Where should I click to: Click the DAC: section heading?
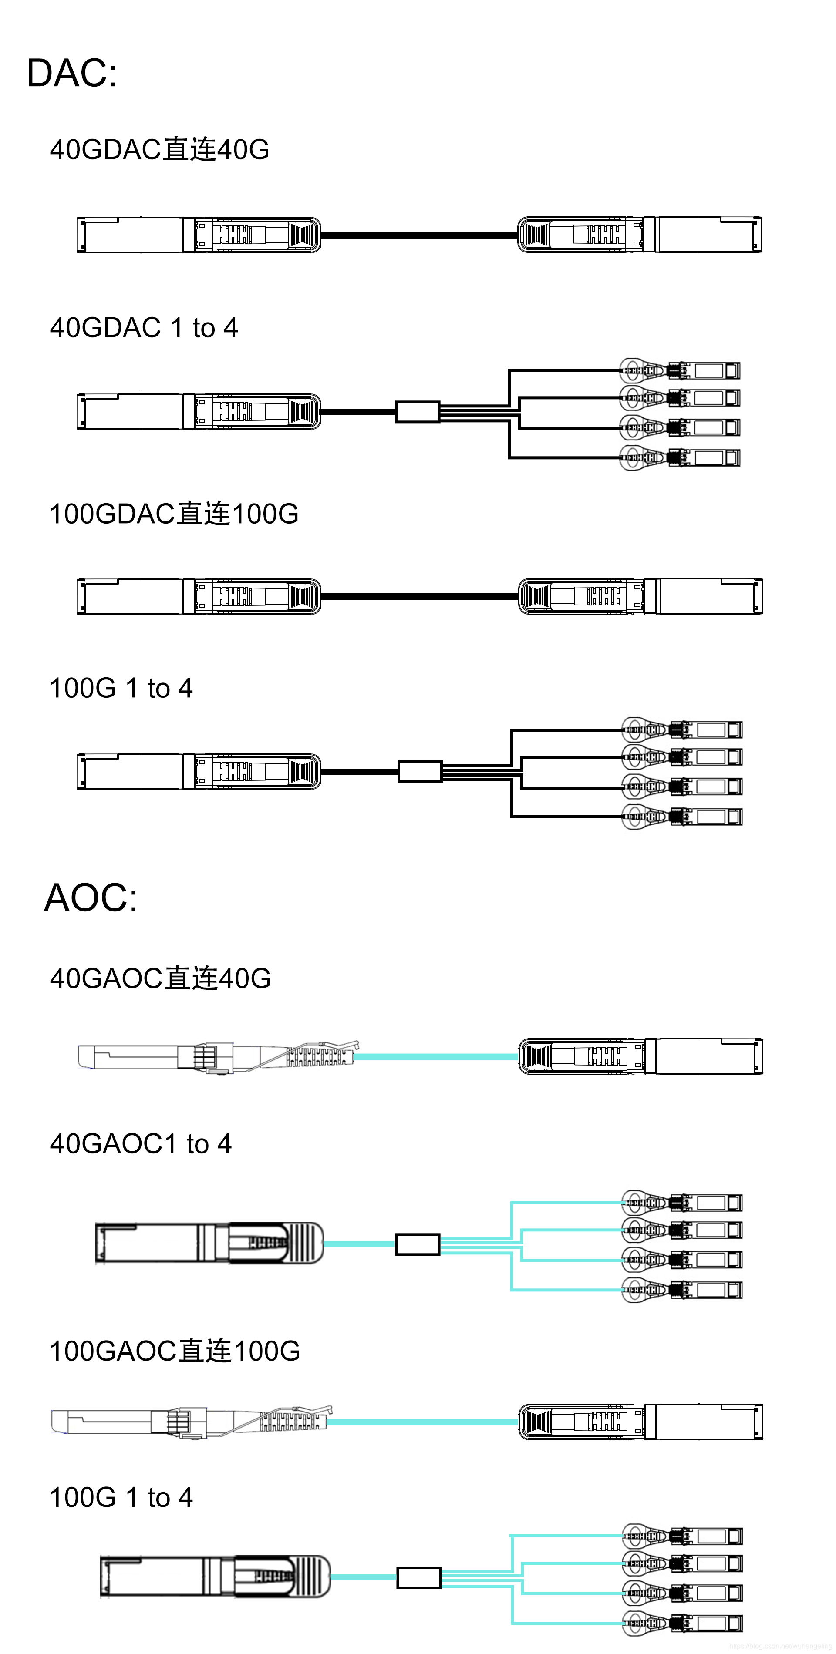(72, 73)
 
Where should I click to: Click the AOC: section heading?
(91, 897)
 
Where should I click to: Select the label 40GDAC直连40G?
(159, 150)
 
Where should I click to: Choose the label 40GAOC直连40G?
(161, 978)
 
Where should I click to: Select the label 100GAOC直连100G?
(175, 1351)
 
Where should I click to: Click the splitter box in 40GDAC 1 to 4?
(418, 412)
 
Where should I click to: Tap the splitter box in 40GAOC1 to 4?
(418, 1244)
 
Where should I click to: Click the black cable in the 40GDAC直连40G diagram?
(418, 235)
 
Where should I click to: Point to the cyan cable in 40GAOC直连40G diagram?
(437, 1056)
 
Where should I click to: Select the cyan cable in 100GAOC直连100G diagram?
(424, 1422)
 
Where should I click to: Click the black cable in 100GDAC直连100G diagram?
(418, 596)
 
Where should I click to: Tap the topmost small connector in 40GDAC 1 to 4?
(681, 370)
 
